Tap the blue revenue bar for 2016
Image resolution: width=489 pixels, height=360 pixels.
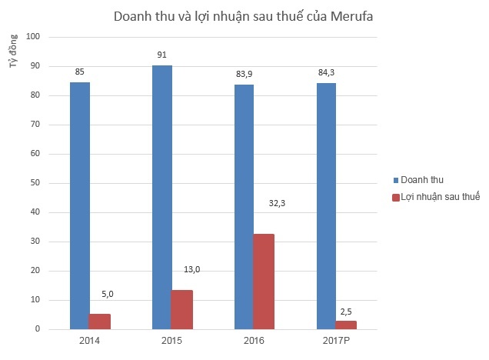(x=243, y=207)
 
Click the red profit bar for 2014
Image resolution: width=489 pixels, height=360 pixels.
(x=100, y=322)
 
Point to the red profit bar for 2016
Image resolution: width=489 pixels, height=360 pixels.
(x=264, y=282)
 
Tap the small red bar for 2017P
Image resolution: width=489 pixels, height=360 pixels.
(x=345, y=325)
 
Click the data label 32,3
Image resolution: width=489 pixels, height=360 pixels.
(x=277, y=205)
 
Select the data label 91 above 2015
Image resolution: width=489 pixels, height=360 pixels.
(x=161, y=55)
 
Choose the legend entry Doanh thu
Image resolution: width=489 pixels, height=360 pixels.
(x=423, y=180)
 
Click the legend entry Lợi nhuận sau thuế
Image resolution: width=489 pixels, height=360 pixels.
(x=436, y=198)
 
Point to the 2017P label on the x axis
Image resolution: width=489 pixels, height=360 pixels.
(x=335, y=340)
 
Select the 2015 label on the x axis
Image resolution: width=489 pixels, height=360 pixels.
(x=171, y=340)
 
